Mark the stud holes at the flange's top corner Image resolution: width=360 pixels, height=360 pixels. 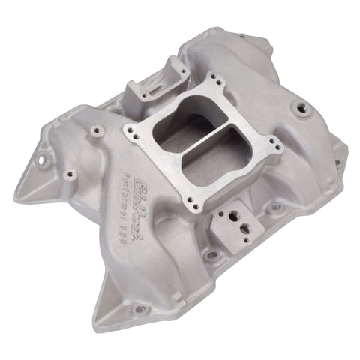[214, 79]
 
